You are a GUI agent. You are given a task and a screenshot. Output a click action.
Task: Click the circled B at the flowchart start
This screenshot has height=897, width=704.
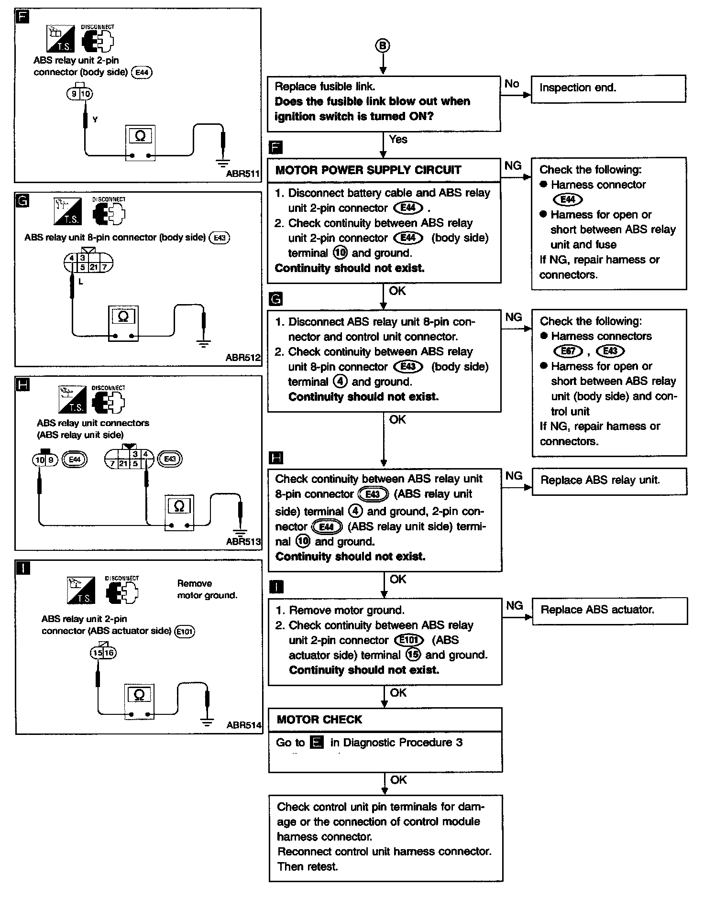(383, 45)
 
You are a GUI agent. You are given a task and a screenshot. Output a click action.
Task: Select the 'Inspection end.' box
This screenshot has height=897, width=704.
(608, 88)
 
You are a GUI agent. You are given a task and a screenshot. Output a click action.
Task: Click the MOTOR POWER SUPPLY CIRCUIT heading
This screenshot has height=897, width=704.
(368, 170)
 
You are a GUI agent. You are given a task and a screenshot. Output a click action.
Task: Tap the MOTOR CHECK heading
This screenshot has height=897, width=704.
(319, 720)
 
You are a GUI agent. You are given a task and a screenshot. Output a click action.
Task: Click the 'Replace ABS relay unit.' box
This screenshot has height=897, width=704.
(609, 481)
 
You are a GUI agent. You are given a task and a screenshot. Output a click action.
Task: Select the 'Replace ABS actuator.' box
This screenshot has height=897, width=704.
(609, 610)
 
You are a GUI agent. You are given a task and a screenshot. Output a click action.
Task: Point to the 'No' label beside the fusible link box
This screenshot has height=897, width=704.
(512, 84)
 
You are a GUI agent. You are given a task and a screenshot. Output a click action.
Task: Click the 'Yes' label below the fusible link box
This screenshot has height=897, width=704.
(398, 140)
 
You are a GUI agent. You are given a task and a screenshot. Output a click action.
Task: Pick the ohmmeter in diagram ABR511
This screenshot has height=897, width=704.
(140, 143)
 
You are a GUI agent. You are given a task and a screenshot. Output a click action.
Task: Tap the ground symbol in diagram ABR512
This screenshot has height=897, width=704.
(204, 343)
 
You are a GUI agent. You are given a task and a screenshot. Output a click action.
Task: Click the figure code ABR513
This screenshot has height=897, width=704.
(243, 542)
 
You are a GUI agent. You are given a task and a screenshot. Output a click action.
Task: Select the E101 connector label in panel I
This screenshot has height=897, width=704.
(185, 631)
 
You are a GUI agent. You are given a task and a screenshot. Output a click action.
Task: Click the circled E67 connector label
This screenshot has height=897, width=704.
(568, 351)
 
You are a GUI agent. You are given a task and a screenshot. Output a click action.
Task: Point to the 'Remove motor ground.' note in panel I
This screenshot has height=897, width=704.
(207, 589)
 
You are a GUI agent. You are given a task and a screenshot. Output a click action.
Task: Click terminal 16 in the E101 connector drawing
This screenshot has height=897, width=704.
(110, 653)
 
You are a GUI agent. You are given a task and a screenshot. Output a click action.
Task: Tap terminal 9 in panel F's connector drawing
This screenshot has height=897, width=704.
(74, 94)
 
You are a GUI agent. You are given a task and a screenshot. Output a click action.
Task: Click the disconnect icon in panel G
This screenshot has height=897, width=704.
(109, 212)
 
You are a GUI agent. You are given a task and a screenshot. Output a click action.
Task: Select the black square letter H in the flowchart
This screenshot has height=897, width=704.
(276, 458)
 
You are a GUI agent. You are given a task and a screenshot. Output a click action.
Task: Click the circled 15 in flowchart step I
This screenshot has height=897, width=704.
(413, 655)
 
